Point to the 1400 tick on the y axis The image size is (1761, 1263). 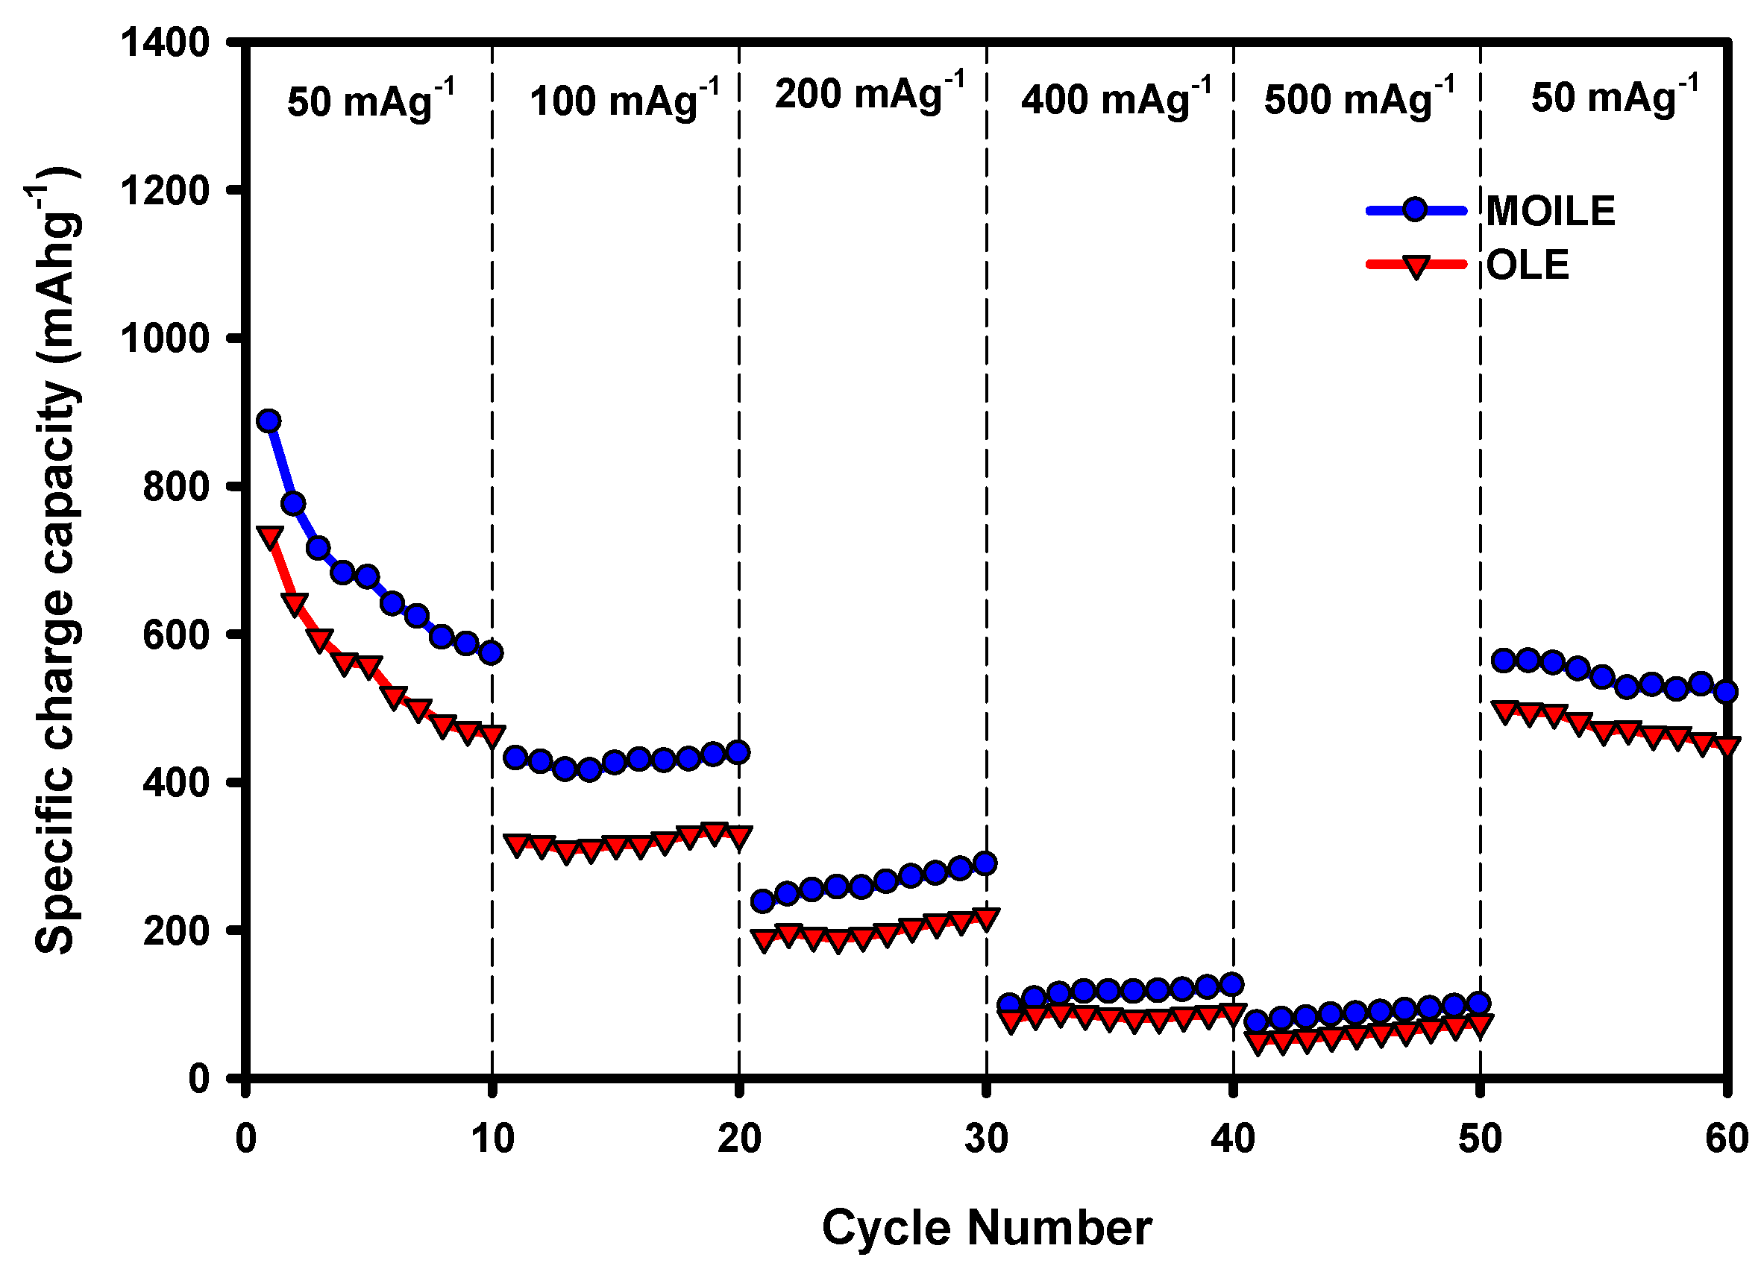point(166,42)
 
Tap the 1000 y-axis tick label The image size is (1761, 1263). point(166,338)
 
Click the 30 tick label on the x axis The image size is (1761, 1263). point(986,1138)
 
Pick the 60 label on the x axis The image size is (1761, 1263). point(1726,1138)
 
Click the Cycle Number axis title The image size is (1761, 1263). point(986,1227)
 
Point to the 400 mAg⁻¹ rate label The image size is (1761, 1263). point(1116,99)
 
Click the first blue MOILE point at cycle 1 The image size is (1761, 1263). point(269,421)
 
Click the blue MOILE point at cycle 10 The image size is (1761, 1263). point(491,653)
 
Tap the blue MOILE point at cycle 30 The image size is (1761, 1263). point(985,863)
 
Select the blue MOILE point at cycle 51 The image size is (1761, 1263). point(1503,661)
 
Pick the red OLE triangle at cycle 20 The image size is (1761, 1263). point(738,837)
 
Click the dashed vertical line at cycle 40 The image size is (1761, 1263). point(1234,544)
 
